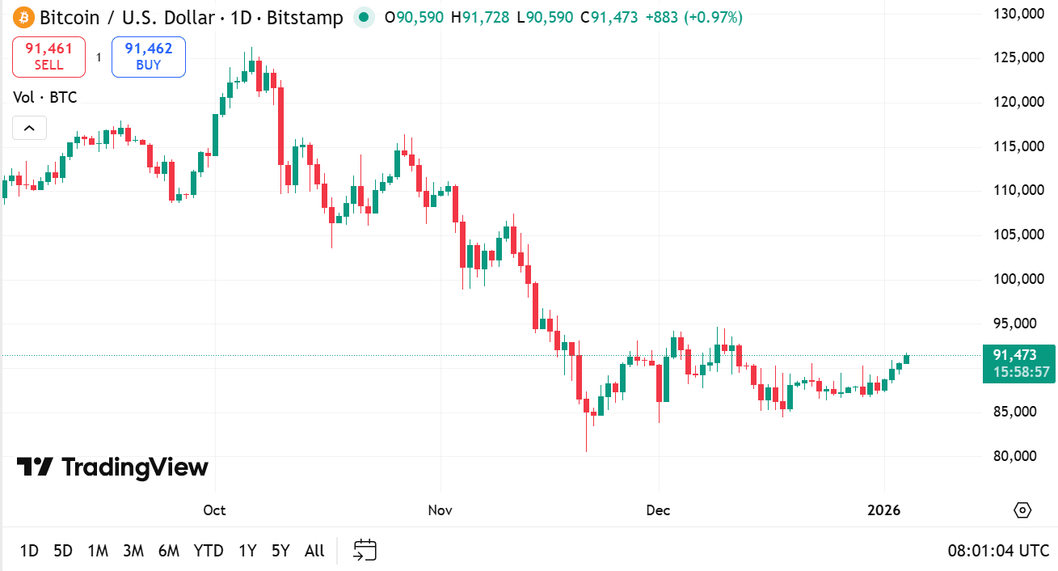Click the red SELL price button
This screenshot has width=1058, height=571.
[48, 57]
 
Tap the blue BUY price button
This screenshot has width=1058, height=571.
[149, 57]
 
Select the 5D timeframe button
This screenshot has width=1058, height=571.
[63, 551]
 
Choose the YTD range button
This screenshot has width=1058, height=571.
[209, 551]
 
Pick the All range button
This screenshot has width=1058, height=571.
[314, 551]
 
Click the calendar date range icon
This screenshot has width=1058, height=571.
[365, 551]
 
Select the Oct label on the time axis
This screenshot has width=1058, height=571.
[214, 510]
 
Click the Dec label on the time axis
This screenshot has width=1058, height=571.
[659, 510]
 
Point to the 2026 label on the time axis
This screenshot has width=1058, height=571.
[883, 510]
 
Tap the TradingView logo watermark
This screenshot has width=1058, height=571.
[112, 467]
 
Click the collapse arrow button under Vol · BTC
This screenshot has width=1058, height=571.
[29, 128]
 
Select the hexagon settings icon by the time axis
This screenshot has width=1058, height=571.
[1022, 510]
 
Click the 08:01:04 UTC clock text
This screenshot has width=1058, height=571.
[998, 551]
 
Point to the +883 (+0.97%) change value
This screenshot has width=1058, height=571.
[693, 17]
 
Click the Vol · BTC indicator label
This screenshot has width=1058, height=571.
[45, 98]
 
